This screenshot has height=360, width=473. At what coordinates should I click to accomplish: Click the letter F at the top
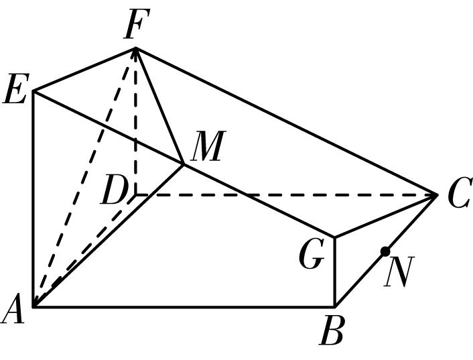[137, 24]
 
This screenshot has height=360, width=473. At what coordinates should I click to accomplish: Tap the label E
[16, 88]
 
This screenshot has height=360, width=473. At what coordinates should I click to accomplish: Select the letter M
[209, 145]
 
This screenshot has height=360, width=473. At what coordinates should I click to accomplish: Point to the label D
[114, 190]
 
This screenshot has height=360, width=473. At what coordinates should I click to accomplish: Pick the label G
[312, 253]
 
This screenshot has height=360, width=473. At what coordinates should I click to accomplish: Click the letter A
[13, 308]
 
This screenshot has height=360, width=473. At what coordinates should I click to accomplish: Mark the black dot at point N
[385, 251]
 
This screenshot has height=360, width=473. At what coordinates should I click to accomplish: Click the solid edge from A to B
[184, 307]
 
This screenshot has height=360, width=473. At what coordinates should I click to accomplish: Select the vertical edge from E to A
[33, 198]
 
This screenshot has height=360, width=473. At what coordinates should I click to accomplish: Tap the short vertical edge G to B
[335, 272]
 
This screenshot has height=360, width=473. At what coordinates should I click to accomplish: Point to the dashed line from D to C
[287, 195]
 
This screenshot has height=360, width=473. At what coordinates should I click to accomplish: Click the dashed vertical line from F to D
[136, 121]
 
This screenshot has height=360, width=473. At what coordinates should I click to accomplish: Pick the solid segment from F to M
[159, 106]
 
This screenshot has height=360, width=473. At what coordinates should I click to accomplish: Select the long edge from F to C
[286, 121]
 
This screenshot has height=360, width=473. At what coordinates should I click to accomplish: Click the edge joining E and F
[84, 69]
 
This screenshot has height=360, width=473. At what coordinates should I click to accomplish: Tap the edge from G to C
[386, 216]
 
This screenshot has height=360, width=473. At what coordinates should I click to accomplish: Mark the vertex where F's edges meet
[136, 48]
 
